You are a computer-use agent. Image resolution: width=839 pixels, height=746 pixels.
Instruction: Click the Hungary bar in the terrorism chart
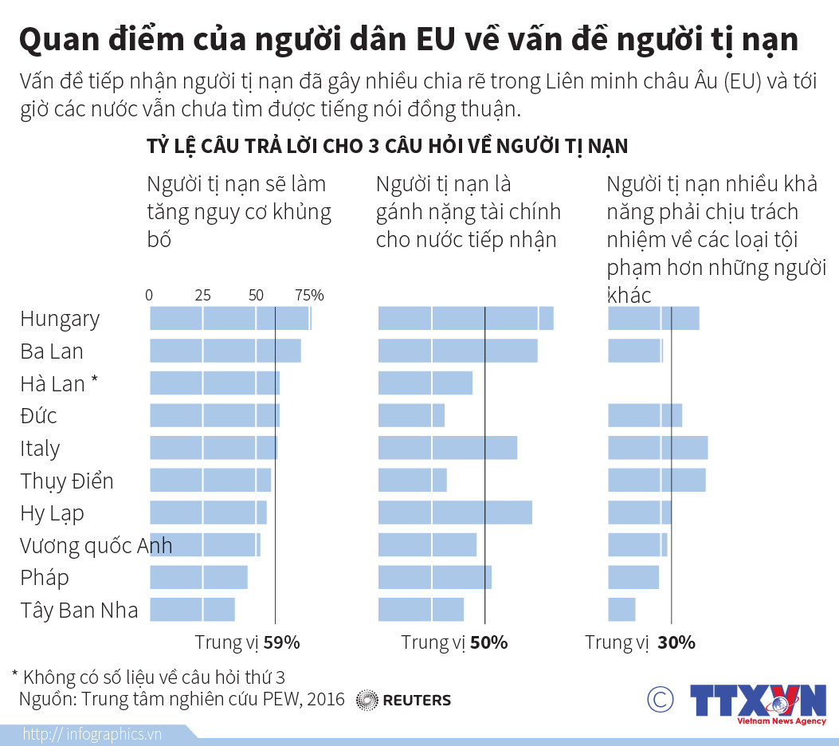(229, 318)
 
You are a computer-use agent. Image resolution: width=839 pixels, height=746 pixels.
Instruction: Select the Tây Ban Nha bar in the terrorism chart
(192, 610)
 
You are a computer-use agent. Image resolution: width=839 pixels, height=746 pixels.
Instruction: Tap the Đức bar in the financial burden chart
(410, 415)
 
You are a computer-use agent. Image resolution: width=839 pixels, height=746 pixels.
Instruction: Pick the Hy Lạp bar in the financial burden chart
(454, 512)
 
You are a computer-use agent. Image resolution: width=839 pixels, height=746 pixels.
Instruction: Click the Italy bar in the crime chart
(657, 448)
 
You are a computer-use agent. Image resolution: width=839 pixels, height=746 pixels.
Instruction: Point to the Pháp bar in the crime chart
(633, 577)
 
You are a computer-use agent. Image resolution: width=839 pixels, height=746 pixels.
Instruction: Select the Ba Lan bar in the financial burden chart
(457, 351)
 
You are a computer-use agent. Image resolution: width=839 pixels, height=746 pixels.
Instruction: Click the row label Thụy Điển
(67, 481)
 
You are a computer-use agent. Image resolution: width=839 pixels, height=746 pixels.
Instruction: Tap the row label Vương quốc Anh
(96, 546)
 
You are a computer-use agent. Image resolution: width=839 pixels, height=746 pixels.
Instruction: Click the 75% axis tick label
(309, 296)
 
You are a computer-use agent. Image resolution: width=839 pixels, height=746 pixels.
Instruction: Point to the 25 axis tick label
(202, 296)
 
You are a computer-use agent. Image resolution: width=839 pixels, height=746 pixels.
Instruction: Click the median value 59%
(281, 642)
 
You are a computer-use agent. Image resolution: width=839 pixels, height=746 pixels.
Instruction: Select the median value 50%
(488, 642)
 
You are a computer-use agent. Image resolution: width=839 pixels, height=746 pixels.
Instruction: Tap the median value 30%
(676, 642)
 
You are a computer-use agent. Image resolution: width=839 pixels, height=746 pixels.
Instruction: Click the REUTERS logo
(403, 700)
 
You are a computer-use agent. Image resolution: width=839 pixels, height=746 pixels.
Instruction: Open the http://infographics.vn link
(92, 734)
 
